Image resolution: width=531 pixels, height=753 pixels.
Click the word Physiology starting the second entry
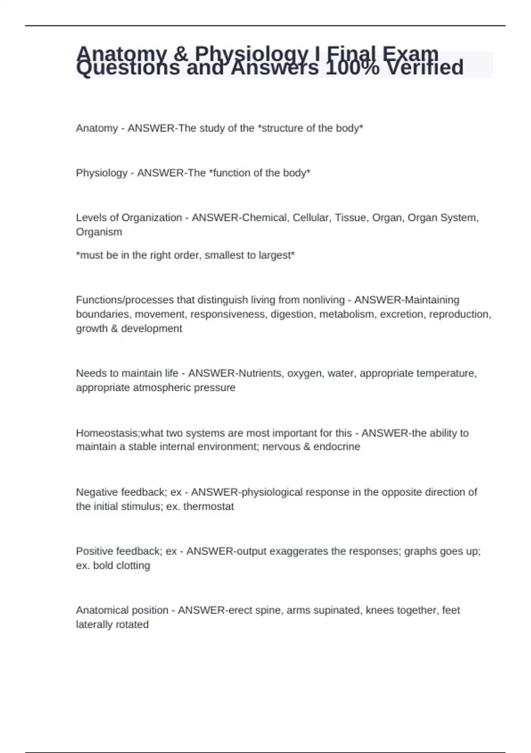(101, 173)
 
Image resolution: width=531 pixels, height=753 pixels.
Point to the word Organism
(99, 232)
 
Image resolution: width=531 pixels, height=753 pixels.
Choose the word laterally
(93, 625)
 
